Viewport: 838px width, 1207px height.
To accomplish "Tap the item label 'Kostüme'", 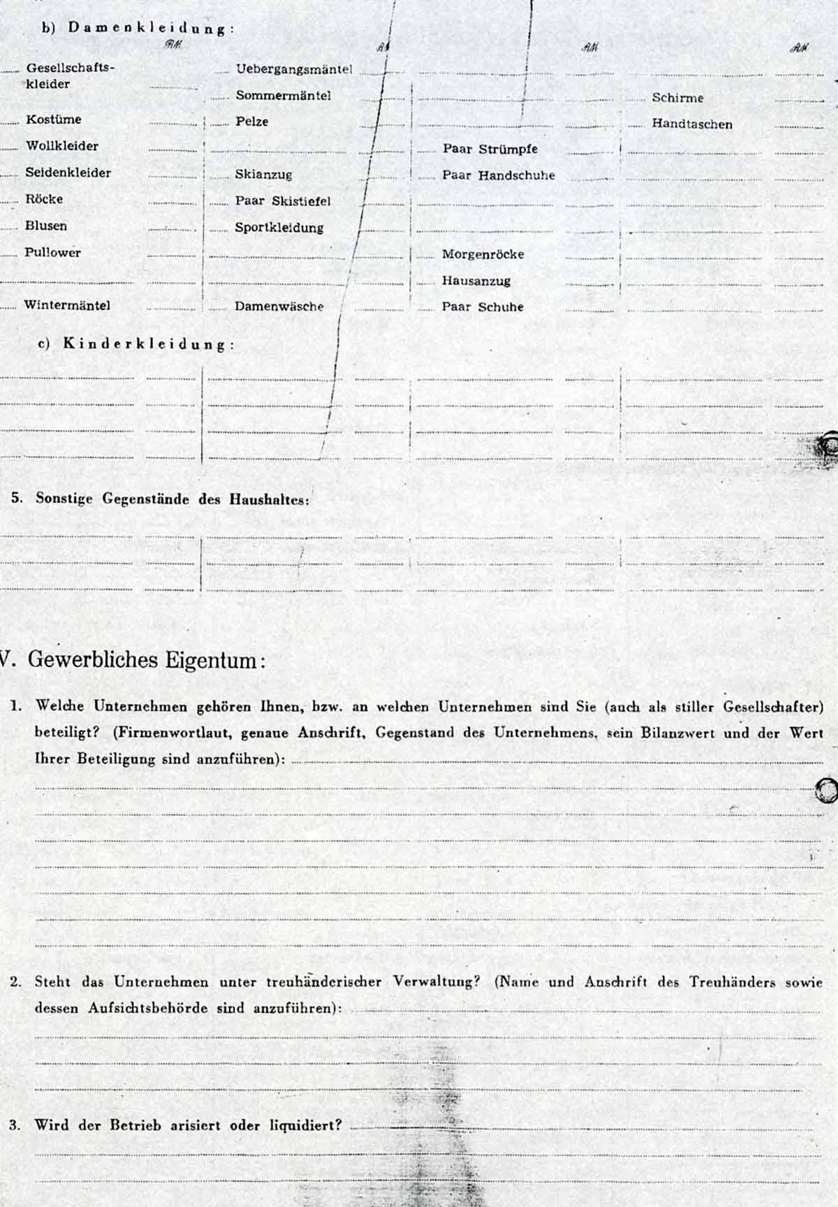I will [54, 119].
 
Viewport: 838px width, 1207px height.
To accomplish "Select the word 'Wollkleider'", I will [62, 146].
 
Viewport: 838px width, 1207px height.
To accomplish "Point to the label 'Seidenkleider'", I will [68, 173].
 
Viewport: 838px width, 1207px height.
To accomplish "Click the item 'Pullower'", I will [53, 253].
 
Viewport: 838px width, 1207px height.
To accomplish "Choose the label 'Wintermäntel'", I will [67, 305].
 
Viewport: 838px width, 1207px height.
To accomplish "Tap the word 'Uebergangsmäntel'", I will [294, 70].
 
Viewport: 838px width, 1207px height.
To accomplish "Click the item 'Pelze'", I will [251, 122].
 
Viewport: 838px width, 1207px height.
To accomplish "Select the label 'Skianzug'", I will [263, 175].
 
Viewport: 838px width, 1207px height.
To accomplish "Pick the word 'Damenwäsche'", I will [279, 307].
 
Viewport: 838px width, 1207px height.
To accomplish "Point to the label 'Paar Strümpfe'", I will [490, 149].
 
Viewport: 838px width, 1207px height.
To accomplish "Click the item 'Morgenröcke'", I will [483, 254].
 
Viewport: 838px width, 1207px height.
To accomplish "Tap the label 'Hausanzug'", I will [476, 281].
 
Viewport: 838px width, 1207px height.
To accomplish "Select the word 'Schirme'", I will [677, 98].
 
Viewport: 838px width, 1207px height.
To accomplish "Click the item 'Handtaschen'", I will [692, 124].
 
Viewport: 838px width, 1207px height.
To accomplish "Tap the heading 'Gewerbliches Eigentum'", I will [142, 660].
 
